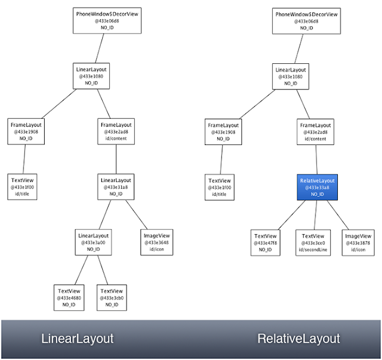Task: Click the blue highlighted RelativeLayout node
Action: (x=317, y=187)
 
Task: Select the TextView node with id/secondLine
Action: (x=313, y=242)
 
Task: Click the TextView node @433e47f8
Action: (x=266, y=242)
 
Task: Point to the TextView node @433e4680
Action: (x=69, y=297)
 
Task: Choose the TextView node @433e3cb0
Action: (x=112, y=297)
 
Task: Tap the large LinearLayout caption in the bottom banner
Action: (x=77, y=339)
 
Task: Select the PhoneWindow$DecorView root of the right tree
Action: (x=306, y=20)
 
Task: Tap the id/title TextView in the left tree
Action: (x=24, y=187)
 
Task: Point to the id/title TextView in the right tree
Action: (x=223, y=187)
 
